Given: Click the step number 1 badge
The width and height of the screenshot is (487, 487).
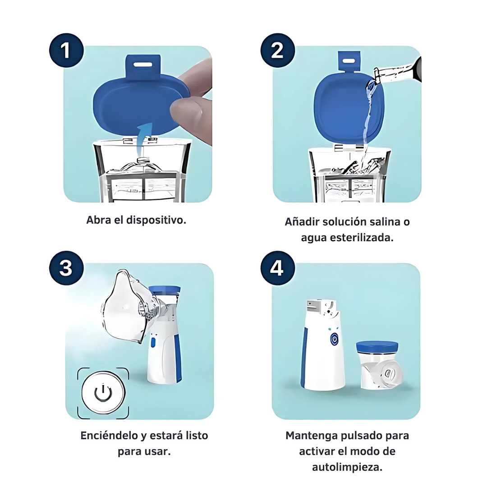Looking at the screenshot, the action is tap(66, 51).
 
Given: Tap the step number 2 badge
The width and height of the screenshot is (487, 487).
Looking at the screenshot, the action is tap(277, 51).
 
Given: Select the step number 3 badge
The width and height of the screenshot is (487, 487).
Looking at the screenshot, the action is tap(66, 268).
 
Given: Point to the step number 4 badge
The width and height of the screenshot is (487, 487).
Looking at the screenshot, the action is tap(277, 268).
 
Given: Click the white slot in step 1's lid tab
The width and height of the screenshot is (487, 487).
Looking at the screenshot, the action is tap(143, 64).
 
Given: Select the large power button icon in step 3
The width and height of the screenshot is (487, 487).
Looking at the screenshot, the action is tap(103, 392).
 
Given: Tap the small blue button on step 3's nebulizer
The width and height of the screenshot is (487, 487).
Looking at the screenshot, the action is tap(153, 343).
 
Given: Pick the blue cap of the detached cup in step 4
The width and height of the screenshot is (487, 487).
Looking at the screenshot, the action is tap(377, 346).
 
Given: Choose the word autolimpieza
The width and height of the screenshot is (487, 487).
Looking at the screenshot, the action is tap(347, 467).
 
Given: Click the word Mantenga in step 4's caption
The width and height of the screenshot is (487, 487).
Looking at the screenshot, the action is tap(312, 436).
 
